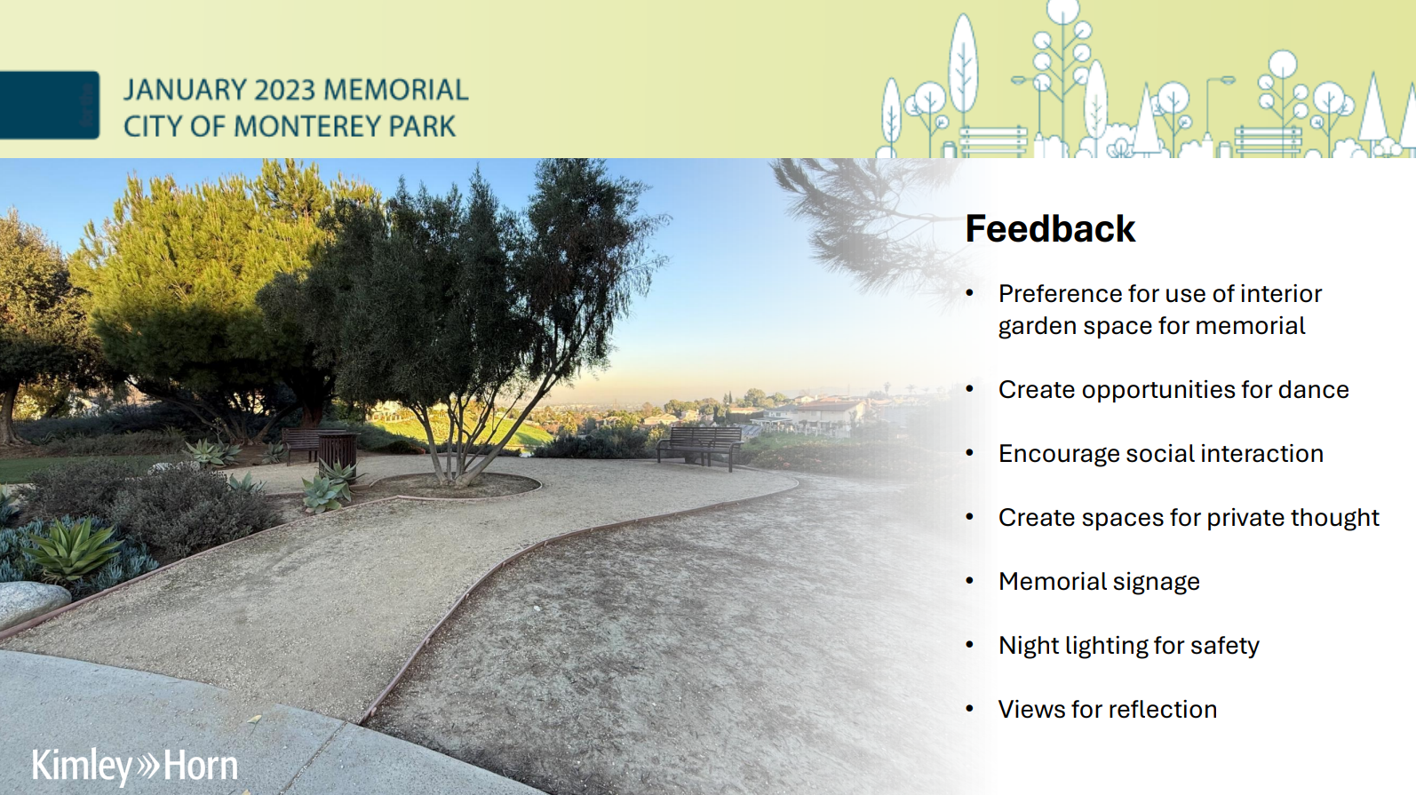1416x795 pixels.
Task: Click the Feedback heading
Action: (1050, 229)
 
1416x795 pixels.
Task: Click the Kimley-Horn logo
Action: (135, 766)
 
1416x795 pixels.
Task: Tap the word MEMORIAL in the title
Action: (395, 90)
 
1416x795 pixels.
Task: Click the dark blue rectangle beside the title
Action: (50, 105)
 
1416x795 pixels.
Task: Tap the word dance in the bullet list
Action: (1313, 389)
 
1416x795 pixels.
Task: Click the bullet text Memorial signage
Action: (1099, 581)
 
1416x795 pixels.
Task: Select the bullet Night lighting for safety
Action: (1128, 645)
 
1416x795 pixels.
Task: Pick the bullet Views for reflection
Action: (1107, 709)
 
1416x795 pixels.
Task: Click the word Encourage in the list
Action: (1059, 453)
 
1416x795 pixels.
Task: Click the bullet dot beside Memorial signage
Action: (970, 581)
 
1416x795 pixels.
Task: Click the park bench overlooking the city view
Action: (700, 444)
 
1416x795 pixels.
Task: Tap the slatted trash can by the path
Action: (337, 450)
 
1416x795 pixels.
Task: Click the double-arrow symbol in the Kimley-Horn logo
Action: (148, 765)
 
